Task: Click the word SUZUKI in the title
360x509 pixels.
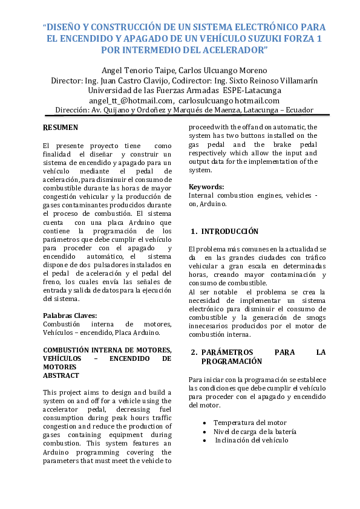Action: pyautogui.click(x=254, y=38)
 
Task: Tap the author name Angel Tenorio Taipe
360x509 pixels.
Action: pyautogui.click(x=137, y=70)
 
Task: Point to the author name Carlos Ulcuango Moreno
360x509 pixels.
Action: pyautogui.click(x=223, y=70)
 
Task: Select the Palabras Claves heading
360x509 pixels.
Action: pyautogui.click(x=70, y=316)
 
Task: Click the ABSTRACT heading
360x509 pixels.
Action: pyautogui.click(x=61, y=375)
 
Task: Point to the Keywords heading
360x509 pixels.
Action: pyautogui.click(x=206, y=187)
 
